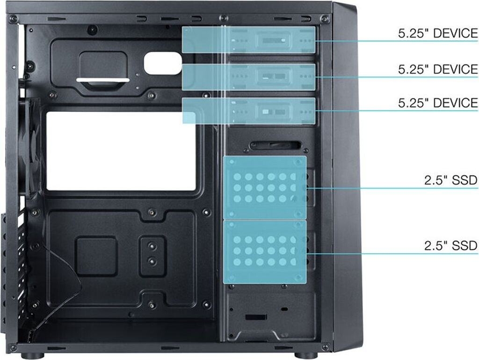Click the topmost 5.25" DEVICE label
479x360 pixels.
pos(438,34)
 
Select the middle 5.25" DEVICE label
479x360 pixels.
pos(438,69)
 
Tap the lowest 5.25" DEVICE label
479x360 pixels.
pos(438,103)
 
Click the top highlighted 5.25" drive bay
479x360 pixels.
pos(249,40)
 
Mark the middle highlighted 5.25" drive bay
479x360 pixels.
pos(249,77)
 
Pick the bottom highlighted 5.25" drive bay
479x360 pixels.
pos(249,111)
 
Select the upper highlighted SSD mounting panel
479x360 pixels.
pos(265,188)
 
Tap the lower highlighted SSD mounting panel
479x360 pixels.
pos(265,252)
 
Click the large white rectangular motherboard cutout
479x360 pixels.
pos(121,151)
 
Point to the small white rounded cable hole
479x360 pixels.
pos(162,63)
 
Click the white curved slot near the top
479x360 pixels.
pos(103,80)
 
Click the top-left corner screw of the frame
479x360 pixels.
pos(14,19)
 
